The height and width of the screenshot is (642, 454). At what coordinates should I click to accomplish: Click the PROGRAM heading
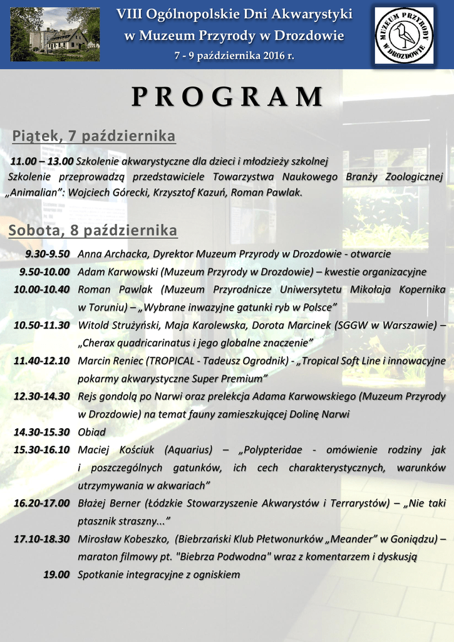tap(227, 97)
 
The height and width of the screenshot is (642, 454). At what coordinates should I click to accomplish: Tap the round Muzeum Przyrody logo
tap(404, 35)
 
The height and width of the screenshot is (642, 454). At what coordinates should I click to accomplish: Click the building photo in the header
tap(54, 34)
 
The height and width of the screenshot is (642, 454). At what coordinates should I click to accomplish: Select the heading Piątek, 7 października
tap(94, 136)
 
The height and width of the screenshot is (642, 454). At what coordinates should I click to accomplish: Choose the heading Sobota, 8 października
tap(93, 231)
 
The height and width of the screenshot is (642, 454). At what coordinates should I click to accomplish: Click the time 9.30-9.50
tap(47, 254)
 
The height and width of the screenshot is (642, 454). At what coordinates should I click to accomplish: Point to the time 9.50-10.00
tap(44, 271)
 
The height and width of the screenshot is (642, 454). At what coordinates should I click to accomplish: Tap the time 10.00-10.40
tap(41, 289)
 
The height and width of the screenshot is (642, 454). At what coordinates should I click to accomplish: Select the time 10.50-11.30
tap(41, 325)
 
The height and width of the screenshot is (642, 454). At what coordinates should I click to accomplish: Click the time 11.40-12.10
tap(41, 360)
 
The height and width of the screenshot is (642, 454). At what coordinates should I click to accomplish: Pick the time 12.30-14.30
tap(41, 396)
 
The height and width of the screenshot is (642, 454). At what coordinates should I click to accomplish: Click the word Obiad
tap(91, 432)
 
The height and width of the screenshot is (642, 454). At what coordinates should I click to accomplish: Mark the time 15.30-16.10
tap(41, 450)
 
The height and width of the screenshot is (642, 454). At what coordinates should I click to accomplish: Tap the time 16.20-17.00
tap(41, 503)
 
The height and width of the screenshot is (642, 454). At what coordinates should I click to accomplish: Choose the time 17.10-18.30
tap(41, 539)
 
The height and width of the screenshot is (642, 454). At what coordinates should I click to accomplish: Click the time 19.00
tap(56, 574)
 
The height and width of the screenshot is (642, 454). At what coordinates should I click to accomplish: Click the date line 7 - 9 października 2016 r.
tap(234, 56)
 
